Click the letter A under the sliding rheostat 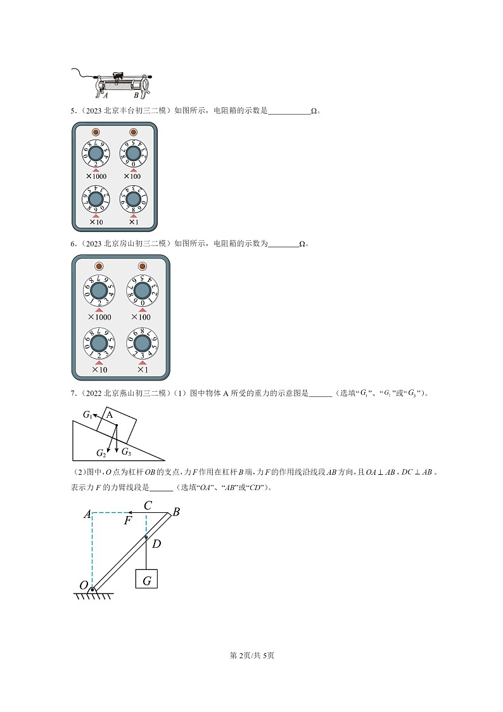[105, 96]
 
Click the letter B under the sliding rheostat [136, 96]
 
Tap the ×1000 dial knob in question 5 [95, 154]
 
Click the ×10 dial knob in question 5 [95, 200]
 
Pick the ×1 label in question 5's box [133, 222]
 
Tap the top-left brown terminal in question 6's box [98, 266]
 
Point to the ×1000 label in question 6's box [99, 317]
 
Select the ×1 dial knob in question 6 [141, 343]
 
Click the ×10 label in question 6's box [99, 370]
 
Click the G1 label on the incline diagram [87, 415]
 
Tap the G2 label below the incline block [101, 453]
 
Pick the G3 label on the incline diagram [125, 451]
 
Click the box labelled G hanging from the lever [146, 579]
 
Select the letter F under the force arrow [127, 520]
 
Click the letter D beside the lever [156, 543]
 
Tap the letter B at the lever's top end [176, 512]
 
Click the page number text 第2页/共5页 [251, 655]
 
